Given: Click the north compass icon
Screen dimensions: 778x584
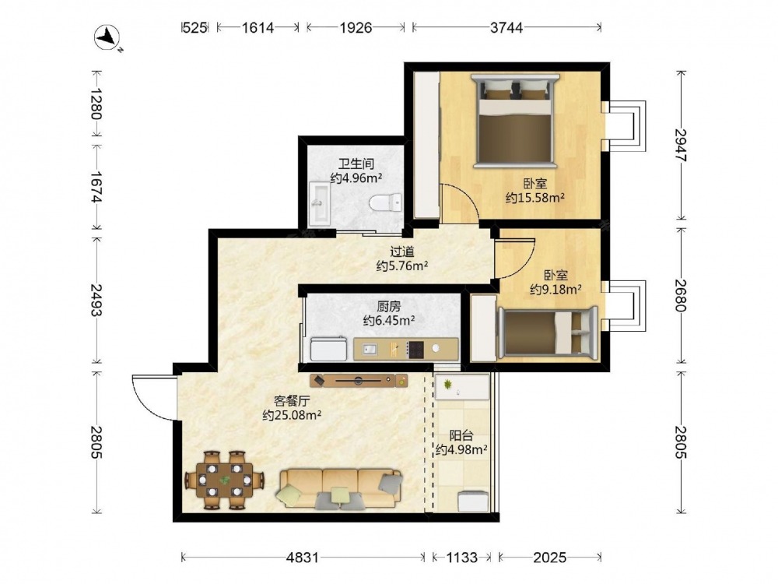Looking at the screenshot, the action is point(107,37).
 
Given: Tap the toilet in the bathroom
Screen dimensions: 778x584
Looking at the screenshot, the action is point(386,202).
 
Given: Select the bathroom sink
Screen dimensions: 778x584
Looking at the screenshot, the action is point(319,202).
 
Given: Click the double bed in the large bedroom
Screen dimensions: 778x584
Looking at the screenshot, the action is point(514,120).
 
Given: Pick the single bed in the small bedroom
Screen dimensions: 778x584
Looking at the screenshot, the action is point(548,333).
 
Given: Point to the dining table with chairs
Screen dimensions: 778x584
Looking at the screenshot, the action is point(224,480).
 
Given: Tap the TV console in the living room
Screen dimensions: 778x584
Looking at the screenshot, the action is point(359,381).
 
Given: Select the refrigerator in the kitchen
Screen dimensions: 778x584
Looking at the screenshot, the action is point(328,349).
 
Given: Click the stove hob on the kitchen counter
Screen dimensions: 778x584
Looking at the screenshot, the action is point(415,349).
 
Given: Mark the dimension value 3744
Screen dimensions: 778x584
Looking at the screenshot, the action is point(506,28).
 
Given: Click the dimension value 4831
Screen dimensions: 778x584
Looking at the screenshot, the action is point(303,558).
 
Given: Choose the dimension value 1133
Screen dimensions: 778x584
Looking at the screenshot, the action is point(461,558).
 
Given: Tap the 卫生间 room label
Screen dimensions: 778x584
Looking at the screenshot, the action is point(356,164).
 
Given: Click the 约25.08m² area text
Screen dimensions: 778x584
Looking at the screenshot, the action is point(291,415).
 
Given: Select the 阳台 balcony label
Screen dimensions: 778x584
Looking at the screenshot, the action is point(461,435).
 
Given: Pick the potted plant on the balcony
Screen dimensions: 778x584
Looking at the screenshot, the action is point(449,384).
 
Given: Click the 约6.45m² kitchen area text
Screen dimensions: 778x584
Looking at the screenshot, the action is point(389,321).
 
